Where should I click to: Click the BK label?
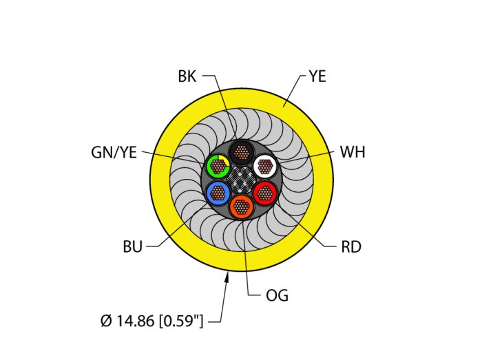pos(187,76)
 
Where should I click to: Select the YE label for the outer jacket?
pos(317,76)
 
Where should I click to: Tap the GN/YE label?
pos(114,152)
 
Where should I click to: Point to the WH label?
pos(353,152)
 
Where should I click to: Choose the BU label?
pos(133,246)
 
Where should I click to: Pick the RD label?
pos(351,246)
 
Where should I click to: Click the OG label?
pos(277,295)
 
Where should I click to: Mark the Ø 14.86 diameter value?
pos(127,321)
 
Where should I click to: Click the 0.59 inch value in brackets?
pos(181,321)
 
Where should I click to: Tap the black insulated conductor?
pos(241,152)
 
